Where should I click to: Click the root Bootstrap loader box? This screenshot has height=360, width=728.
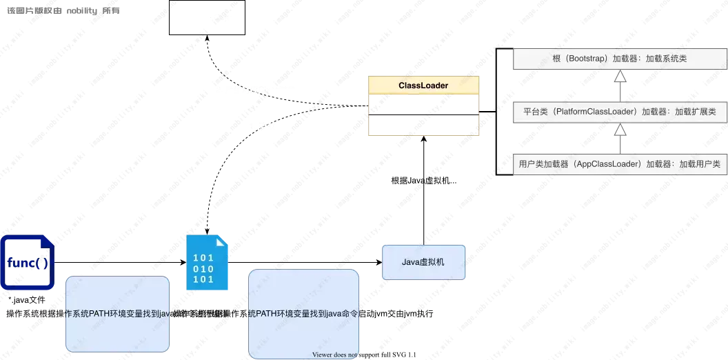click(620, 59)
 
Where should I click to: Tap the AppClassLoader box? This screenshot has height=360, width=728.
click(620, 164)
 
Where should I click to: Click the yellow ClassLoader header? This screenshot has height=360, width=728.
click(423, 86)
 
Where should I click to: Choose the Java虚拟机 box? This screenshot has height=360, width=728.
click(424, 262)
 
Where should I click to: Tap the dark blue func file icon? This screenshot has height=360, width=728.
click(26, 262)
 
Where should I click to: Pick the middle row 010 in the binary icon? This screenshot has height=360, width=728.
click(203, 269)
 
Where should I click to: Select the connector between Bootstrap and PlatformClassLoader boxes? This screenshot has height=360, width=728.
click(620, 86)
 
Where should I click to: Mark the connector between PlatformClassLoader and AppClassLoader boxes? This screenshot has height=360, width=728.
click(620, 138)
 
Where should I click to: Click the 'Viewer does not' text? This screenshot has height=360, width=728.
click(335, 355)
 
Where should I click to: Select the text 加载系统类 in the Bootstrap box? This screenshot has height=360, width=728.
click(666, 59)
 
